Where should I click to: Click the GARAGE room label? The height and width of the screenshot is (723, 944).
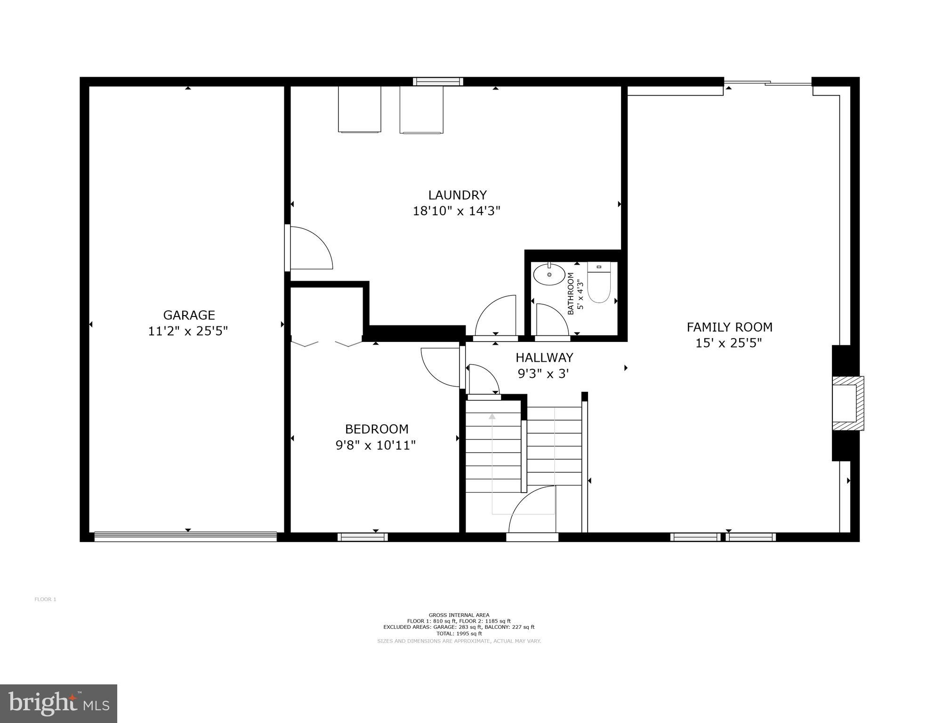coord(189,315)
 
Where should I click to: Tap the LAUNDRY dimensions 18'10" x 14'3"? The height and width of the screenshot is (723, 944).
coord(456,211)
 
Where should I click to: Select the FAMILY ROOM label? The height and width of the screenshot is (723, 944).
coord(729,327)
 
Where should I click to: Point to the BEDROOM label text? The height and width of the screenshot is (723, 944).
coord(376,429)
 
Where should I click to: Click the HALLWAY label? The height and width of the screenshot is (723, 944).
coord(544,357)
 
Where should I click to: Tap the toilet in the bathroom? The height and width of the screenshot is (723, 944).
coord(598,283)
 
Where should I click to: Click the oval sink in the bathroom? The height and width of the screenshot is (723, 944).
coord(549,274)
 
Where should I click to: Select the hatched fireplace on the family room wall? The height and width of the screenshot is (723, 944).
coord(847,403)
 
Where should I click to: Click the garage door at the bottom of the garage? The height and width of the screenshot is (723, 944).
coord(186,536)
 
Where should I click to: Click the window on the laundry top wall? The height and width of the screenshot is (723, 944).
coord(438,81)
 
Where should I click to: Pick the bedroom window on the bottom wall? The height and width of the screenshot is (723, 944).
coord(363,537)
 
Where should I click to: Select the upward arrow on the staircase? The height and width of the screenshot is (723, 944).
coord(492,416)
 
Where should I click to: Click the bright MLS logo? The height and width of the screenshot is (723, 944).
coord(58,704)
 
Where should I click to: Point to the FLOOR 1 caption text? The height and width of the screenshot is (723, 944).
coord(45,600)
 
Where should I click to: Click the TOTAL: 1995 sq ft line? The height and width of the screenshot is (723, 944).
coord(459,634)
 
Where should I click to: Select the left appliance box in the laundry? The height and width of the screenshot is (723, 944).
coord(359,109)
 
